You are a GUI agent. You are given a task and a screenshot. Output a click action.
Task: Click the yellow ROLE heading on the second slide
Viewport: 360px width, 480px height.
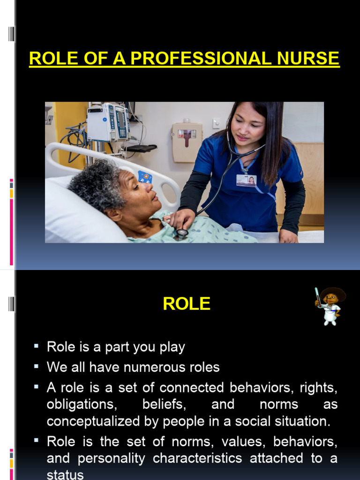coord(187,304)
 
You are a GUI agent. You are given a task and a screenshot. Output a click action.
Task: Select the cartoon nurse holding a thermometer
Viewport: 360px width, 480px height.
coord(330,306)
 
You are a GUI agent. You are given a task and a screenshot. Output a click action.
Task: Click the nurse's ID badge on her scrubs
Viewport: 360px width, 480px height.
coord(246,180)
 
